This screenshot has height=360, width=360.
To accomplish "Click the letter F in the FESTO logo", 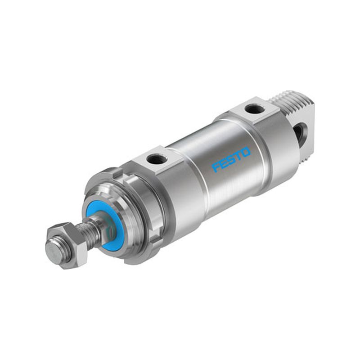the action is tap(216, 166).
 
